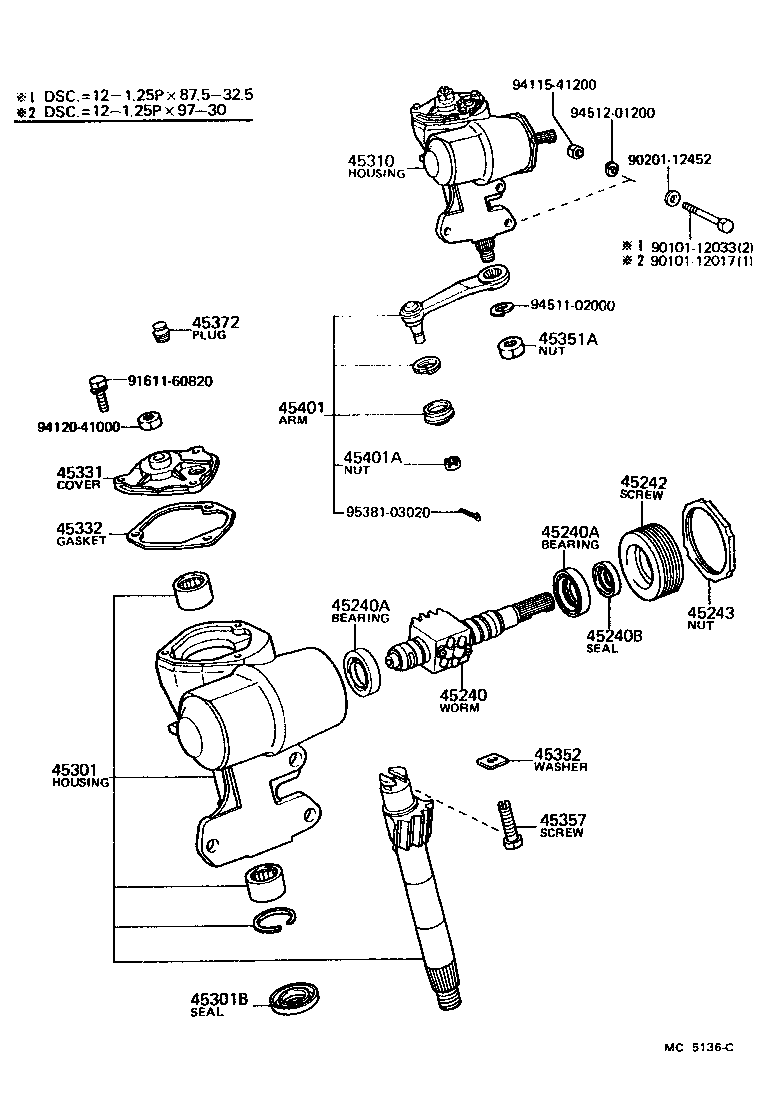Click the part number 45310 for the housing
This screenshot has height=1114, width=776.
(x=369, y=160)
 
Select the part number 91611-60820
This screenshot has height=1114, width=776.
(x=170, y=381)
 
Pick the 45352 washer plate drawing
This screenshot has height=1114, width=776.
(x=490, y=762)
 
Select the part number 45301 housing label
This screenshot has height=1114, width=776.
(x=72, y=770)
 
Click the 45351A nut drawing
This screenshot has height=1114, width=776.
(x=509, y=347)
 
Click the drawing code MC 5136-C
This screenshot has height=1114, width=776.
(x=697, y=1047)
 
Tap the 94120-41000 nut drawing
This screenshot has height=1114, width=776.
(x=151, y=420)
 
